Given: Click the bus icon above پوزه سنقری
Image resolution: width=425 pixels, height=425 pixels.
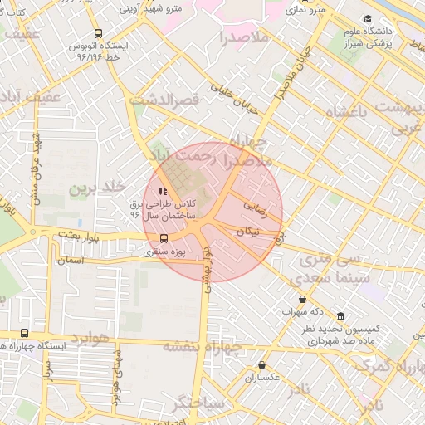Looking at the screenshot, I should point(163,237).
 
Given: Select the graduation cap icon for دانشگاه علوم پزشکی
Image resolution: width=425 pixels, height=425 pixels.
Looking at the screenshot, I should point(368,19).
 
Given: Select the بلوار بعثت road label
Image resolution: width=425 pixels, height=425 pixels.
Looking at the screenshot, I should point(79,237).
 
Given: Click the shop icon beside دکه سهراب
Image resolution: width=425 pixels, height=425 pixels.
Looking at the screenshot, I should point(301,300).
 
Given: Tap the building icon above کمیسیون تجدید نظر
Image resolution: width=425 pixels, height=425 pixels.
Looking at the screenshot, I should point(340,317).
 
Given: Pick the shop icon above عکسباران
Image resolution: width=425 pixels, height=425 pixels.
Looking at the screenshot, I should point(262,364).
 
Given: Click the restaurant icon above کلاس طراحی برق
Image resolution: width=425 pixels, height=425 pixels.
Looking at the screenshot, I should point(162,192).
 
